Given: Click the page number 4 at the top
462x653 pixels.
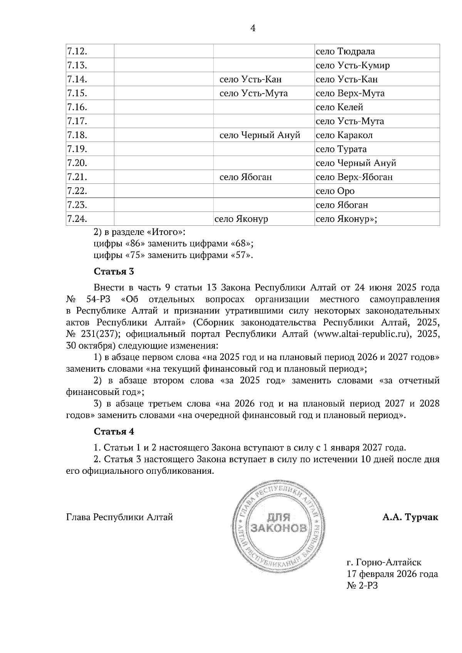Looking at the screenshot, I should pyautogui.click(x=253, y=28).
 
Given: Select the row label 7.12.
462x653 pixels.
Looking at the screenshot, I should pyautogui.click(x=77, y=52).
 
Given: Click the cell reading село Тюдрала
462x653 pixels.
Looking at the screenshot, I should pyautogui.click(x=345, y=52).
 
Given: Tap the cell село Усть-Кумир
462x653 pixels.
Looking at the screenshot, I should pyautogui.click(x=352, y=65).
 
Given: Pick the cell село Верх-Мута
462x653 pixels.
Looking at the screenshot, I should pyautogui.click(x=350, y=93).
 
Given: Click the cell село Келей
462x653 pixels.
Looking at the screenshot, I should pyautogui.click(x=339, y=107).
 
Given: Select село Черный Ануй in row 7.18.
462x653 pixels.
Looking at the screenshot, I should pyautogui.click(x=259, y=135).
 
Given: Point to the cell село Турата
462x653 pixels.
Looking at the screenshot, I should pyautogui.click(x=341, y=149).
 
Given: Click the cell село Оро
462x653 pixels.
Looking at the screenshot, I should pyautogui.click(x=335, y=191).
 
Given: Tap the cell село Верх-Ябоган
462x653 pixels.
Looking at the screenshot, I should pyautogui.click(x=354, y=177).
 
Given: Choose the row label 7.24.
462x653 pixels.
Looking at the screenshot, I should pyautogui.click(x=77, y=219).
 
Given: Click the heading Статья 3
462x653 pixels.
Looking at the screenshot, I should pyautogui.click(x=114, y=272).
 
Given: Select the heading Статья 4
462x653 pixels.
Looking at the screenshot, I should pyautogui.click(x=114, y=431).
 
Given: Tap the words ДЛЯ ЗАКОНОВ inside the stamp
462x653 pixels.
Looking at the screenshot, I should pyautogui.click(x=279, y=522).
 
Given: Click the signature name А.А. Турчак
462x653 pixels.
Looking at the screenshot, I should pyautogui.click(x=410, y=517).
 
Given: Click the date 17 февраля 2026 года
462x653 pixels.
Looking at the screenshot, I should pyautogui.click(x=392, y=574).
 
